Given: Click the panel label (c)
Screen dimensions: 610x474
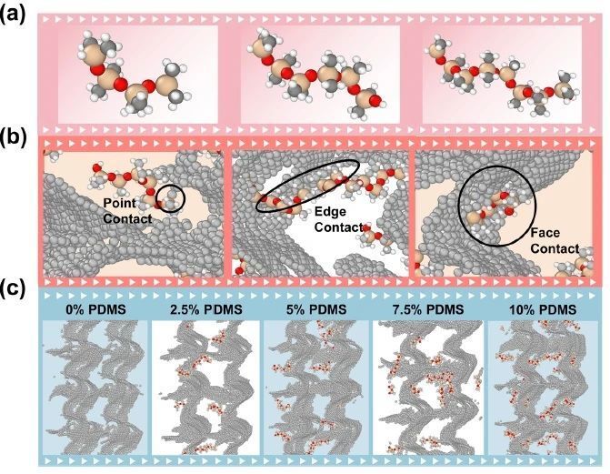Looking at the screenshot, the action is pos(14,288).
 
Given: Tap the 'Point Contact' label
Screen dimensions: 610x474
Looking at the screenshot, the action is pos(127,211).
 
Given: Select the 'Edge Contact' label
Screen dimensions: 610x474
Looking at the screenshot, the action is pos(338,219).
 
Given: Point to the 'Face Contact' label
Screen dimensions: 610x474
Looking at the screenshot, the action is pos(555,241).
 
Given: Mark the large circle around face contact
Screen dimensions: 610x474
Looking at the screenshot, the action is pos(458,206).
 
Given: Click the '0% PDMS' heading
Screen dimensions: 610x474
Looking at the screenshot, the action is pos(95,309).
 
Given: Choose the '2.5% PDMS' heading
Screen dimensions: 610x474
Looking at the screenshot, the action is pos(206,309).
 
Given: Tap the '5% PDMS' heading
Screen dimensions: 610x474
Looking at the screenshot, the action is pos(316,309).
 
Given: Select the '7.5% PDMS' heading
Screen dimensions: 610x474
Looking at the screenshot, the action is pos(427,309).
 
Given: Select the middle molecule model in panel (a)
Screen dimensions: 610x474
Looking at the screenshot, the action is pos(317,73).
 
